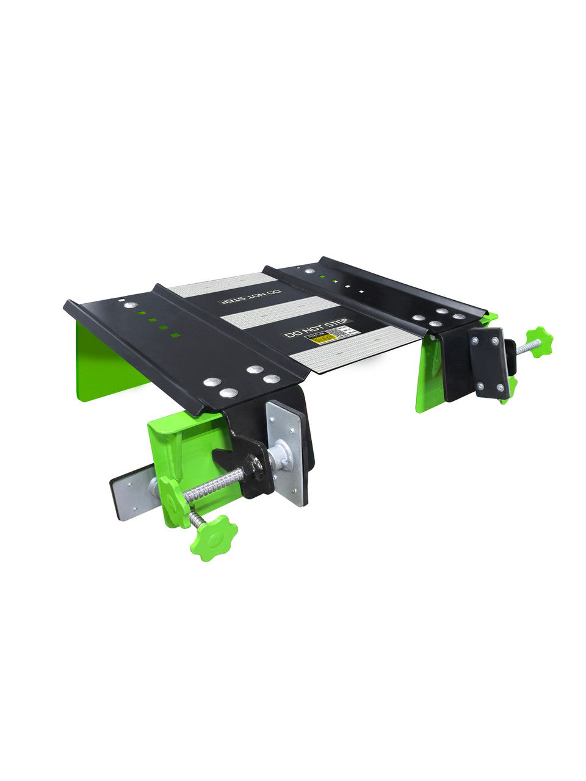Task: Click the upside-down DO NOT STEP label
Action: click(x=250, y=297)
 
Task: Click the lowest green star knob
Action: click(x=214, y=538)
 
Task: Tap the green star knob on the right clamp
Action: click(x=540, y=340)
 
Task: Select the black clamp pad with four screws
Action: click(x=489, y=363)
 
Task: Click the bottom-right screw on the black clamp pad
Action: click(x=500, y=389)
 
